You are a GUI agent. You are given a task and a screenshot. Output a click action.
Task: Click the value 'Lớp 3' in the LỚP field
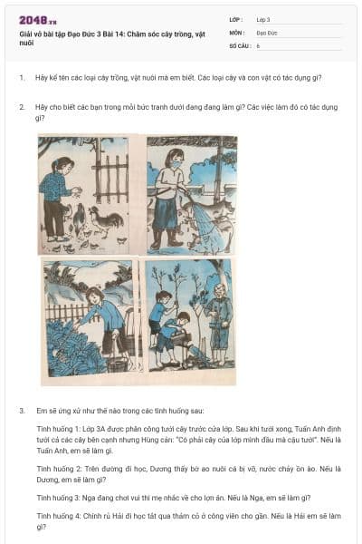[263, 19]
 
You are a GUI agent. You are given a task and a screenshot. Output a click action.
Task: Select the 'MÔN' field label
[236, 32]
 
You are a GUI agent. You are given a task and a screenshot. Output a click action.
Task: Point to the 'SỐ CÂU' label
[239, 44]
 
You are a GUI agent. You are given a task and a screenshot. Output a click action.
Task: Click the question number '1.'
[22, 78]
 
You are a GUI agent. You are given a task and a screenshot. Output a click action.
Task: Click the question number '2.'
[22, 107]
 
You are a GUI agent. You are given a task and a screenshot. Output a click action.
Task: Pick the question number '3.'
[22, 411]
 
